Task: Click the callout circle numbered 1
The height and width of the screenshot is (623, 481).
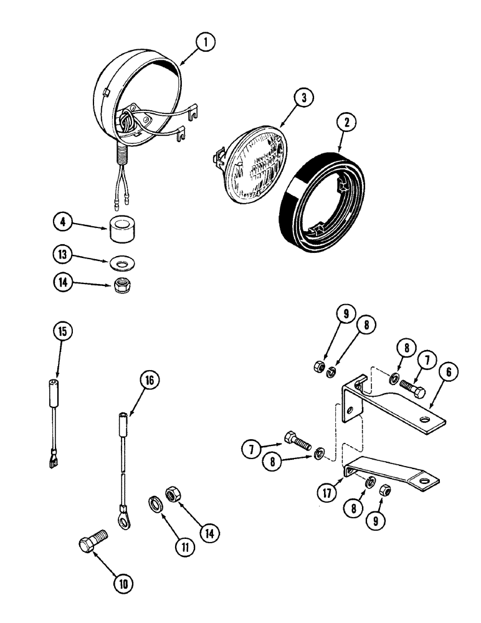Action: coord(205,42)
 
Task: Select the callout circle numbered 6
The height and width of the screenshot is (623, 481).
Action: coord(452,374)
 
